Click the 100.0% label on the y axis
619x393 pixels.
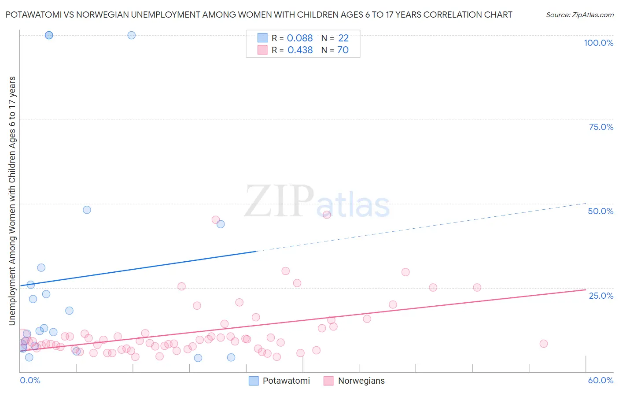pyautogui.click(x=598, y=43)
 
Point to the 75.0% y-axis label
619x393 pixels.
pyautogui.click(x=601, y=127)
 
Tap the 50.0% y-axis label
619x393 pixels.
pyautogui.click(x=601, y=211)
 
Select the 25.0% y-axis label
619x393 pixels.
pyautogui.click(x=601, y=296)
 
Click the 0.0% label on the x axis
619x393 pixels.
pyautogui.click(x=30, y=380)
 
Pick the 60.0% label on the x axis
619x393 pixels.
pyautogui.click(x=601, y=380)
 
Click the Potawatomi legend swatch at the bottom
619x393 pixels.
pyautogui.click(x=254, y=381)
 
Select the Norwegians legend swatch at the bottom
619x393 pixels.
pyautogui.click(x=328, y=381)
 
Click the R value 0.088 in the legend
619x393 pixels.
pyautogui.click(x=300, y=38)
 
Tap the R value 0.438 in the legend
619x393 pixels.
pyautogui.click(x=300, y=50)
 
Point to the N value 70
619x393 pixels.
pyautogui.click(x=343, y=50)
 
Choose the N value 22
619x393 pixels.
pyautogui.click(x=343, y=38)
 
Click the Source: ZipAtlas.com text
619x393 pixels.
pyautogui.click(x=579, y=15)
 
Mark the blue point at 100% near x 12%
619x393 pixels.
pyautogui.click(x=131, y=35)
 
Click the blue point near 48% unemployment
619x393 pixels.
pyautogui.click(x=87, y=210)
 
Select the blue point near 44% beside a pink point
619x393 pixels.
pyautogui.click(x=221, y=224)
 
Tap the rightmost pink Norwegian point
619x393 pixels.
pyautogui.click(x=543, y=344)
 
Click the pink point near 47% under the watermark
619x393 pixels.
pyautogui.click(x=327, y=215)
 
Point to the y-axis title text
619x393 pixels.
pyautogui.click(x=12, y=200)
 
